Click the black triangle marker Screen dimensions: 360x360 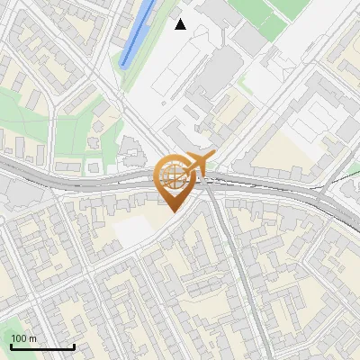181,24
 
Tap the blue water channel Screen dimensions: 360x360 138,33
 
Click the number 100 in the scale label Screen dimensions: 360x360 20,338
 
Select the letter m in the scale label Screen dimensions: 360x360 33,338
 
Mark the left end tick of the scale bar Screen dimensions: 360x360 11,346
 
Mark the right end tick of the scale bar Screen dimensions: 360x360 74,346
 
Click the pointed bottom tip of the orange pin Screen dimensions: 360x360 172,212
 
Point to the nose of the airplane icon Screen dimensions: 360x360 213,156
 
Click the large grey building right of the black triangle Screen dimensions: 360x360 216,72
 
